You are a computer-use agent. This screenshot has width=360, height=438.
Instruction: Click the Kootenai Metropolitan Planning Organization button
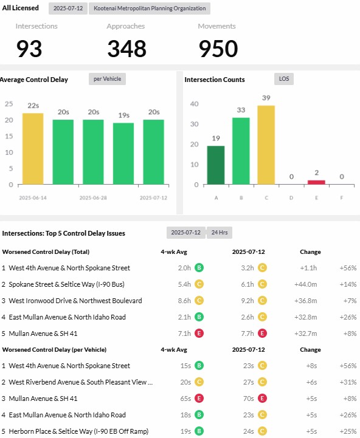[150, 9]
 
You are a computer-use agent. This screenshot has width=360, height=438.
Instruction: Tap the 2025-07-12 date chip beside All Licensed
[68, 9]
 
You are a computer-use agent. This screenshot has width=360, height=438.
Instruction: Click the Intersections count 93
[29, 49]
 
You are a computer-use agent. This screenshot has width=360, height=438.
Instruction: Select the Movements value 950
[218, 49]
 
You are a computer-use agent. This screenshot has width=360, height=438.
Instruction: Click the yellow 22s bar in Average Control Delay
[33, 149]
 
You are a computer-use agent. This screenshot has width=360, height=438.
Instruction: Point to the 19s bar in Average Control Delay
[123, 154]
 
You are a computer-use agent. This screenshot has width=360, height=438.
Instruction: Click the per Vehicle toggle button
[108, 79]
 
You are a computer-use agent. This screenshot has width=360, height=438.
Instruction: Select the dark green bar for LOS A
[216, 165]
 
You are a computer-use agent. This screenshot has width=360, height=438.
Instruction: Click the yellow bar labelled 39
[266, 145]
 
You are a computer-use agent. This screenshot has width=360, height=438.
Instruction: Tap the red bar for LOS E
[316, 182]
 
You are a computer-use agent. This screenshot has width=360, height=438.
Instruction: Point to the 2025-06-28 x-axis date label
[93, 198]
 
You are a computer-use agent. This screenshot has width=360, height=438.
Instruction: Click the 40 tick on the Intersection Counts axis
[195, 104]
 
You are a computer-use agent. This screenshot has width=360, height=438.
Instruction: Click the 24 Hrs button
[220, 233]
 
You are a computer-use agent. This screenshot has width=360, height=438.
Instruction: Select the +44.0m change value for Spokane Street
[305, 284]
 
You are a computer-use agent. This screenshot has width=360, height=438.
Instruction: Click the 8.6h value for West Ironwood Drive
[184, 301]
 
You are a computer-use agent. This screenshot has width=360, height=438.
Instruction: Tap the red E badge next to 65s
[199, 399]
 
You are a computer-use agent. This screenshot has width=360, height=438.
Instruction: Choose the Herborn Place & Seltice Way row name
[78, 431]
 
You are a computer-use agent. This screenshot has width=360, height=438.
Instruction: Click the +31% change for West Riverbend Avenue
[348, 382]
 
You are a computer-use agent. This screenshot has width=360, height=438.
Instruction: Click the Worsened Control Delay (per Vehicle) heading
[54, 350]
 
